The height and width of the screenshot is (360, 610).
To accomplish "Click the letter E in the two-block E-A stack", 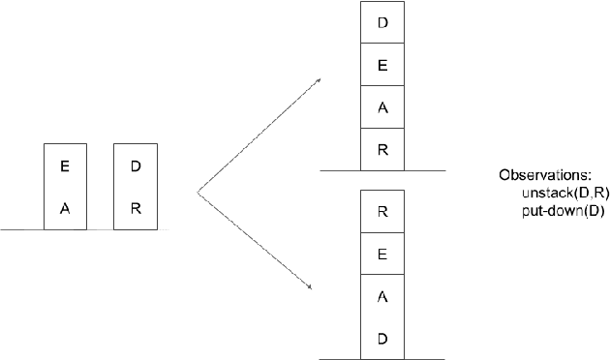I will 65,166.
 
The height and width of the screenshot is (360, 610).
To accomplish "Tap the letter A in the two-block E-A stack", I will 65,207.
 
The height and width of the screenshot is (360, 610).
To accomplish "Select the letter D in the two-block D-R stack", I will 136,166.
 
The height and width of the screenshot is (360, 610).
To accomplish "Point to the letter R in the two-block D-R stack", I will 136,207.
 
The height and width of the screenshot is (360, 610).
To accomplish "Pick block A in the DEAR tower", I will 381,107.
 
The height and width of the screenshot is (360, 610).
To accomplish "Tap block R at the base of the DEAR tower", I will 381,149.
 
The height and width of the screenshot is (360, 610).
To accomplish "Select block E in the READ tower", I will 381,255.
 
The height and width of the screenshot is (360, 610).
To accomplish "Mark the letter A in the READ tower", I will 381,297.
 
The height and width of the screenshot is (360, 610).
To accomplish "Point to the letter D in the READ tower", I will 381,339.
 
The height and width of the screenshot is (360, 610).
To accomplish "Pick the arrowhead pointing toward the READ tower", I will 310,285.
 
